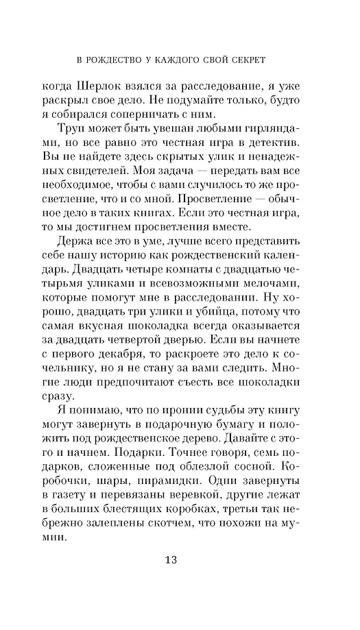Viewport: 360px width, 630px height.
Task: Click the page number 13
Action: tap(171, 561)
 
